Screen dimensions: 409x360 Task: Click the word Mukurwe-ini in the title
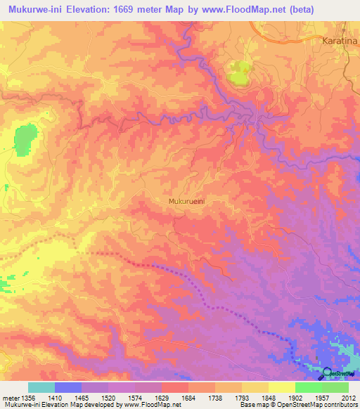(32, 10)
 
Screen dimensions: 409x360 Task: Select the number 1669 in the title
(129, 10)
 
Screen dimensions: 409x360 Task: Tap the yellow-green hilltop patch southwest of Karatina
(239, 73)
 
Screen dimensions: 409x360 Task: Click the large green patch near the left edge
(25, 140)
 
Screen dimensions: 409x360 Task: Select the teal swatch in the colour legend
(41, 387)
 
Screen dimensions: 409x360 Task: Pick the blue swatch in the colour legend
(67, 387)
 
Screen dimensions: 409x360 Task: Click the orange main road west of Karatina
(281, 35)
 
